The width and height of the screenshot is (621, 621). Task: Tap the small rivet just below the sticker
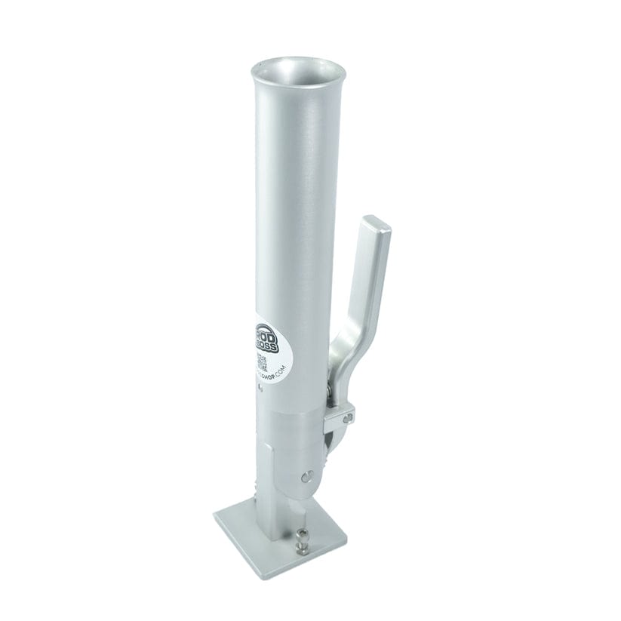pos(260,391)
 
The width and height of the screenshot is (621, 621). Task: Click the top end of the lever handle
pos(375,226)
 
